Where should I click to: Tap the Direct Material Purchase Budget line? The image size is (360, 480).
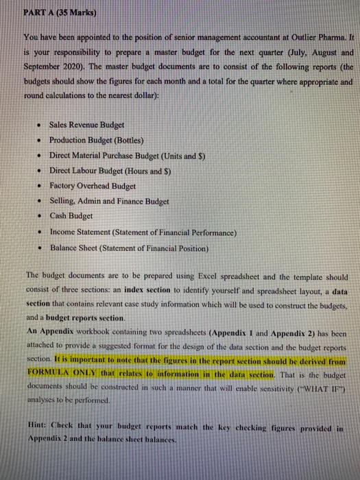(128, 156)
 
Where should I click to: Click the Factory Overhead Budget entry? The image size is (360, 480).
(93, 186)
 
